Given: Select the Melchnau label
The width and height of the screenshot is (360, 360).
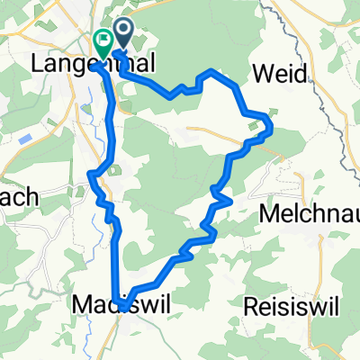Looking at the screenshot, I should pos(309,215).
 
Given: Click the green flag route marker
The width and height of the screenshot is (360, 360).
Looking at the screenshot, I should pos(103,40).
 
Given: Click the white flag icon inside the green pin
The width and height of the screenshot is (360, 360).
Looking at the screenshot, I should pos(103,39).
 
